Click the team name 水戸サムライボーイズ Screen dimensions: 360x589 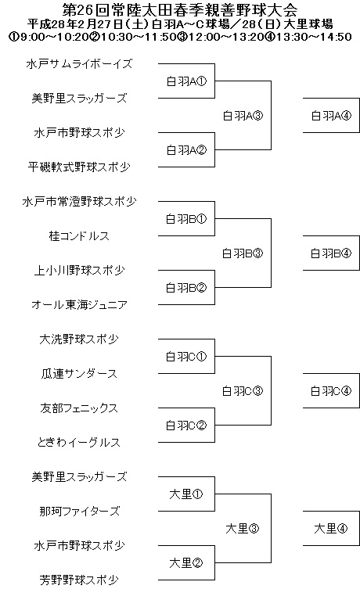[79, 64]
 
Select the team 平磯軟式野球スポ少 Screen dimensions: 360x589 [79, 167]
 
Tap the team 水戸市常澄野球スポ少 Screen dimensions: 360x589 [79, 201]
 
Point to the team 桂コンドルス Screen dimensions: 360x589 [79, 236]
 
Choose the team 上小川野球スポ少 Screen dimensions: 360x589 [79, 271]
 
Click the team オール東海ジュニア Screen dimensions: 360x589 [79, 304]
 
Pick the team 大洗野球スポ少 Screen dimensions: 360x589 [79, 339]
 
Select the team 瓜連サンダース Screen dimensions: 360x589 [79, 374]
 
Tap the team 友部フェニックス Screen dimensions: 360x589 [79, 408]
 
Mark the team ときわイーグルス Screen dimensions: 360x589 [79, 443]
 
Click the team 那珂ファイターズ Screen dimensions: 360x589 [79, 512]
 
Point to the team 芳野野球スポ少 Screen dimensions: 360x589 [79, 580]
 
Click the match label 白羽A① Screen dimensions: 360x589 [186, 81]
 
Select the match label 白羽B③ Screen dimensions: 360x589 [243, 253]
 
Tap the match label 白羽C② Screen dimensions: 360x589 [186, 426]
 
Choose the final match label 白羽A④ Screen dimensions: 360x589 [331, 116]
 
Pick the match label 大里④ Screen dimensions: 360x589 [331, 529]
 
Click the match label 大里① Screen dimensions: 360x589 [186, 494]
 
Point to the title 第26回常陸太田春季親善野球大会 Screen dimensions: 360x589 [180, 9]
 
